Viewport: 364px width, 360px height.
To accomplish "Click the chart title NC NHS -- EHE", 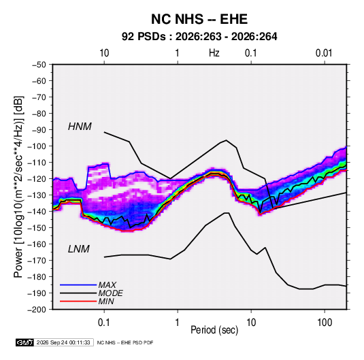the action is (x=199, y=19).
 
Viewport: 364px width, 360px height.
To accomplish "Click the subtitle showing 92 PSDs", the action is (x=199, y=37).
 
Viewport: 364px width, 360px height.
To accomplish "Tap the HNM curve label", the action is (x=80, y=127).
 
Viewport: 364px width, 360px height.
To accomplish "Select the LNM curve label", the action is (x=79, y=249).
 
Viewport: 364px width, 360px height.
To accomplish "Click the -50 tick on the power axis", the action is (x=39, y=65).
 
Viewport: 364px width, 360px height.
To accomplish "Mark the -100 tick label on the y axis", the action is (x=37, y=146).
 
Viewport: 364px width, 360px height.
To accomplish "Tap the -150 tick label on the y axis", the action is (x=37, y=227).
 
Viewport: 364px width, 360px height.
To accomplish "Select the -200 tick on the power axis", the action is (x=37, y=310).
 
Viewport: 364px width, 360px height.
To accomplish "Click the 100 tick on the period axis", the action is (x=325, y=322).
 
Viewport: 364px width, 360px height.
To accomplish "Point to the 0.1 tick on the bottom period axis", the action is (x=104, y=322).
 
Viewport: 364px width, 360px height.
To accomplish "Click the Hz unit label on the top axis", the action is (x=214, y=53).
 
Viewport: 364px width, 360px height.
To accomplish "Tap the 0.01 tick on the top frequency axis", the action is (x=324, y=53).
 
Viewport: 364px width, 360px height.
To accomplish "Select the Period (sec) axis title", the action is (x=214, y=330).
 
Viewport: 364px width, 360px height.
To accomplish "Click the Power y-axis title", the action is (x=18, y=187).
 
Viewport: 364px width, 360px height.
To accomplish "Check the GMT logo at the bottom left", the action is (x=24, y=342).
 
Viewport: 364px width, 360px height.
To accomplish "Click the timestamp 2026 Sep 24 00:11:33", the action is (x=63, y=342).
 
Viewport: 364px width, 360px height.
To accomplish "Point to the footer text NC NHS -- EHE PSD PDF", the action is (x=125, y=342).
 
